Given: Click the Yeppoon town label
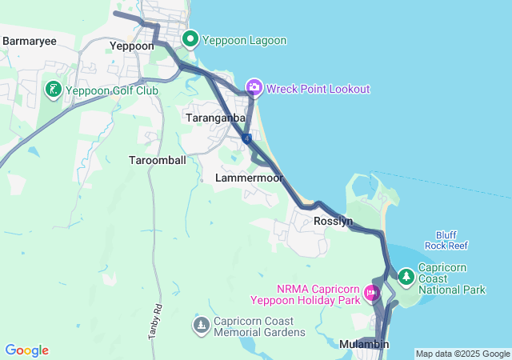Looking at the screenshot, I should tap(131, 46).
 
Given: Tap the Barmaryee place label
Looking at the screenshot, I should tap(29, 40).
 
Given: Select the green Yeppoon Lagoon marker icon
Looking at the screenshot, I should tap(191, 39).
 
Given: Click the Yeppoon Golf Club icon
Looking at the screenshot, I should tap(54, 90).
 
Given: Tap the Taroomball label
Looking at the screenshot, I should tap(158, 160).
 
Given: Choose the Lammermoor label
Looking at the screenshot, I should tap(250, 178).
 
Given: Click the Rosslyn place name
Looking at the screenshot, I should tap(334, 221).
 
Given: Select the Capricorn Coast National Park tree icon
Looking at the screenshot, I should tap(406, 277).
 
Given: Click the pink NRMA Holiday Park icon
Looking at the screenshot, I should tap(372, 293).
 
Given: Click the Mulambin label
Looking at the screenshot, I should tap(364, 344).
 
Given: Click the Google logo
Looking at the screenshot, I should tap(26, 350).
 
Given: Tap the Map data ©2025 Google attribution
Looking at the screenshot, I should tap(462, 354).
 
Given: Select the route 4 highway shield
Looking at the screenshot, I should tap(248, 138).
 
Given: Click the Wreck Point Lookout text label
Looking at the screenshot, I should tap(318, 89).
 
